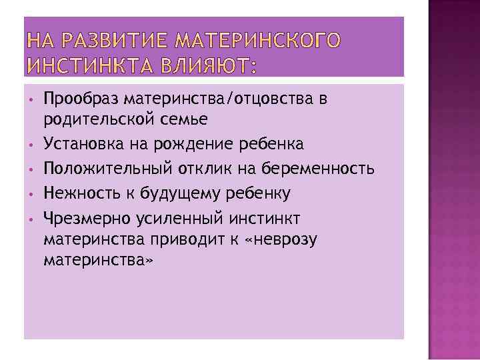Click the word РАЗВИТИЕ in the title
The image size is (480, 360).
[x=105, y=41]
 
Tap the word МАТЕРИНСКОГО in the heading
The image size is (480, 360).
[x=257, y=41]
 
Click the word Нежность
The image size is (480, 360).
[x=79, y=193]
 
